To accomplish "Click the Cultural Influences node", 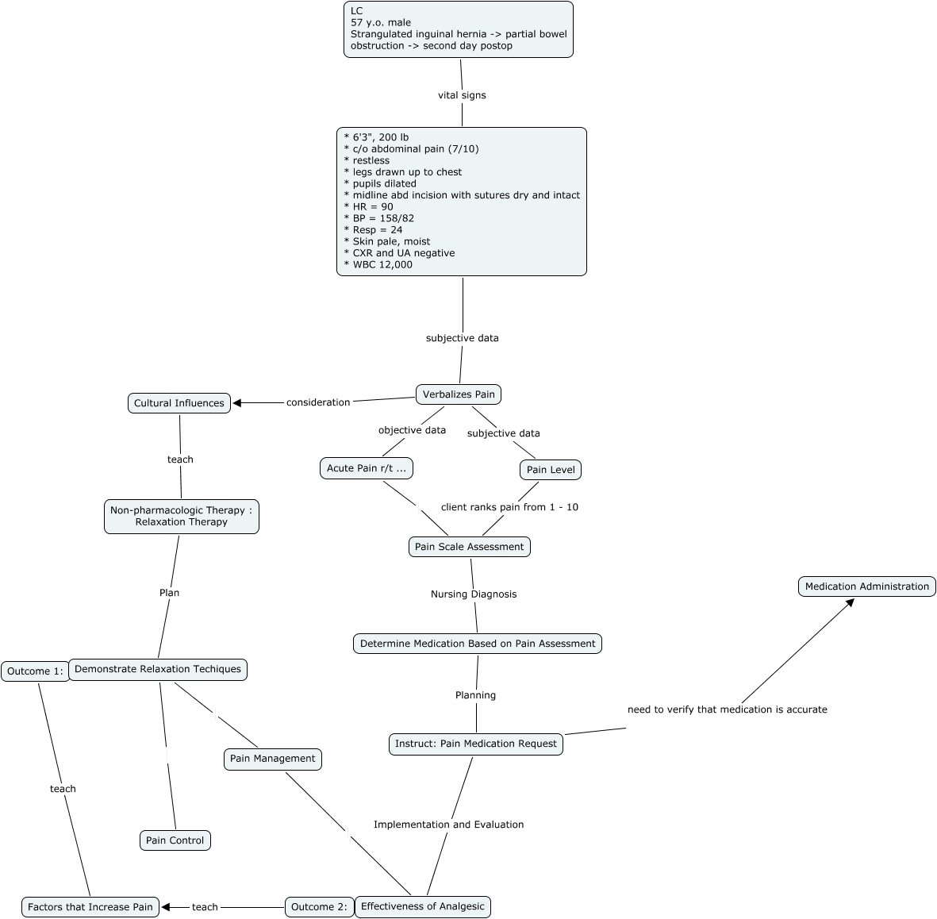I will click(x=179, y=403).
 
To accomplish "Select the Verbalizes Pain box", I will click(x=459, y=394).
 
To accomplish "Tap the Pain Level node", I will click(x=551, y=470).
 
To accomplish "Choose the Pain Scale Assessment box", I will click(x=469, y=547).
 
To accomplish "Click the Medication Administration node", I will click(x=866, y=586).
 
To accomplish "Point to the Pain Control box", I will click(x=175, y=840).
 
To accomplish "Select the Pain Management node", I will click(x=272, y=759).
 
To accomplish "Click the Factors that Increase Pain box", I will click(x=90, y=907).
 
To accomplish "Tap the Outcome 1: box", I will click(x=34, y=671).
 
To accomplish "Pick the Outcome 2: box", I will click(x=319, y=907).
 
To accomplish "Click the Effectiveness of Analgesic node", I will click(x=422, y=906).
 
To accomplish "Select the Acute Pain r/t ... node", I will click(x=366, y=468).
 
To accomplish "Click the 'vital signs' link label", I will click(x=462, y=95).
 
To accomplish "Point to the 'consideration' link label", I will click(x=318, y=402).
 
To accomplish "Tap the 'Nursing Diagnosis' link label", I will click(x=474, y=594).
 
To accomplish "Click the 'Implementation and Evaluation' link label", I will click(x=448, y=825).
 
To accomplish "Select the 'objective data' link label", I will click(x=412, y=430).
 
